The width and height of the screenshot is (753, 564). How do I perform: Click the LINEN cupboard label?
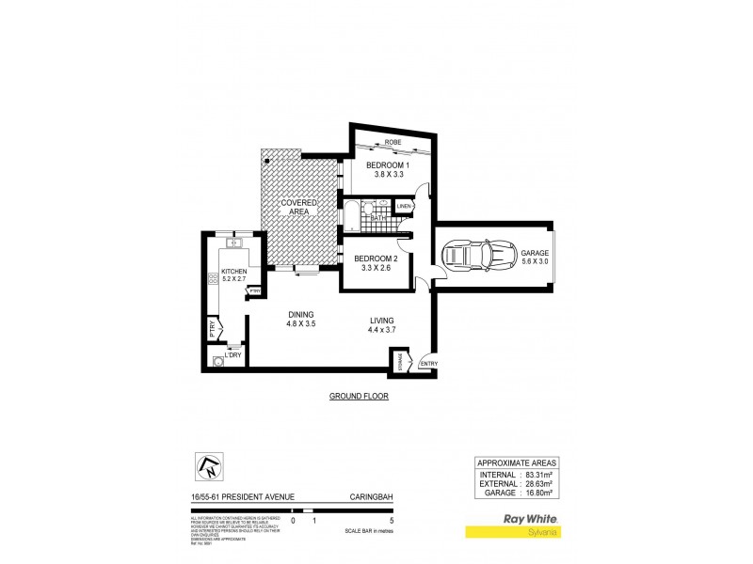tap(405, 206)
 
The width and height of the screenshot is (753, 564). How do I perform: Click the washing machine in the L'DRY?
tap(218, 361)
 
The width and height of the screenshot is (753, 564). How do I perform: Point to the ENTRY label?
tap(428, 364)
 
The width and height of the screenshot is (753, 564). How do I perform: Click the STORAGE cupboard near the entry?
tap(399, 360)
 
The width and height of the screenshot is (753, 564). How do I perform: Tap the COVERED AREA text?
tap(298, 207)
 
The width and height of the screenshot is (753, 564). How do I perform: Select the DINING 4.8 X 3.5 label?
tap(300, 320)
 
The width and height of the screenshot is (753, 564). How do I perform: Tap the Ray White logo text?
tap(533, 519)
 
